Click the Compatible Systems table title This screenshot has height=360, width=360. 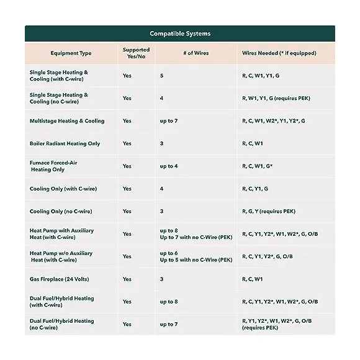click(179, 34)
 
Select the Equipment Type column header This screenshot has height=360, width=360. click(71, 53)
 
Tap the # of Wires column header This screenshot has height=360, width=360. click(196, 53)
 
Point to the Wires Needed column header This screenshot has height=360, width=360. click(279, 53)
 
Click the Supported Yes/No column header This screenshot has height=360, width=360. click(136, 53)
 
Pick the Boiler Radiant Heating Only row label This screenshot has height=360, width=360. click(65, 143)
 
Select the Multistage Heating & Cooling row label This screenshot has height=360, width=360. click(67, 121)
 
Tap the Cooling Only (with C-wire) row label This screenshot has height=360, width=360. click(63, 189)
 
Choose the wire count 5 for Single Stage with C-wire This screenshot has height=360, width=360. click(162, 76)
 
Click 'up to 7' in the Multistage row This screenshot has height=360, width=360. click(169, 121)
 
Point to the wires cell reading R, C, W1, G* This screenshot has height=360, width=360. click(261, 166)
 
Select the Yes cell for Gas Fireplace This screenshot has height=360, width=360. click(127, 279)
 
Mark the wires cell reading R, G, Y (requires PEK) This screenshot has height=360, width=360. click(269, 212)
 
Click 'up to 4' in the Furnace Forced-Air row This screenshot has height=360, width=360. click(169, 166)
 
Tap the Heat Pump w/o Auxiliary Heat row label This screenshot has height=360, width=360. click(61, 256)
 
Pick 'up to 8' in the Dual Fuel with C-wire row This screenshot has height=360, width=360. click(169, 302)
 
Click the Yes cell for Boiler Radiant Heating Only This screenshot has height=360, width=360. click(127, 143)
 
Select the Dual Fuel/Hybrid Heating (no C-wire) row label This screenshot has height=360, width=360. click(61, 324)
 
